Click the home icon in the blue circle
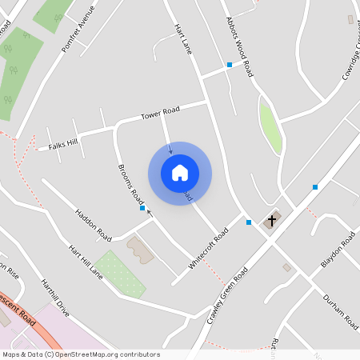tap(180, 173)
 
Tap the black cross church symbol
tap(272, 220)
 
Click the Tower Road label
tap(160, 114)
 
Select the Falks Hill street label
tap(64, 143)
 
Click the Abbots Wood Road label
tap(238, 46)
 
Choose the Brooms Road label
tap(130, 183)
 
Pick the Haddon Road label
tap(93, 226)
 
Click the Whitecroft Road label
tap(207, 246)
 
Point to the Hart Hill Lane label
tap(86, 262)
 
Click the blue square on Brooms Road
tap(142, 209)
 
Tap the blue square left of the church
tap(249, 222)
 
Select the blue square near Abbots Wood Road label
tap(230, 64)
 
